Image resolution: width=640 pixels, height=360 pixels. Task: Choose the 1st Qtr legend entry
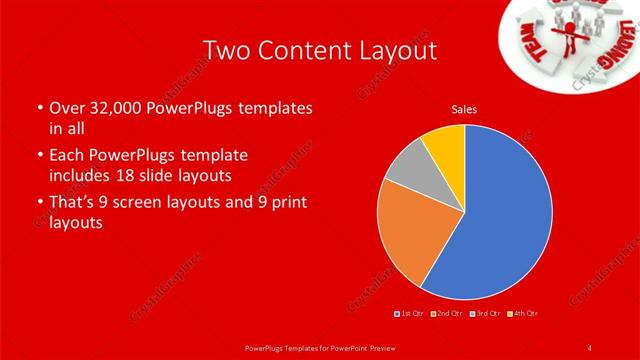(410, 314)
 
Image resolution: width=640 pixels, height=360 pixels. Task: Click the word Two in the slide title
(225, 50)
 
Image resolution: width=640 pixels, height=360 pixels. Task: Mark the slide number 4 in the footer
(590, 347)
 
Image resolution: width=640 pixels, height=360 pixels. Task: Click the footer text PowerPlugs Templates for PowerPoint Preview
(320, 347)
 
